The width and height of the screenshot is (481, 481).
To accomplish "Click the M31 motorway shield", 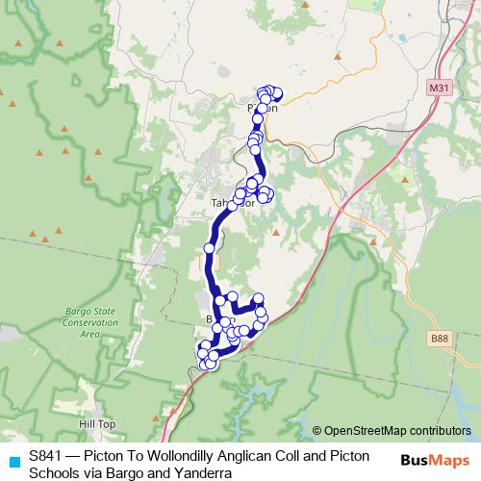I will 439,89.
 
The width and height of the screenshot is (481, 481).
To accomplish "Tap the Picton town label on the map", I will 263,109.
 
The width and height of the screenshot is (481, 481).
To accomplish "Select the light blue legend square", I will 13,461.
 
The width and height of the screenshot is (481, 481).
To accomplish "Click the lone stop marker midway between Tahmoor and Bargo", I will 209,248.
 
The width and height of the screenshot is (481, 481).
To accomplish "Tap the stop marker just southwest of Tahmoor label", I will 232,206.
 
